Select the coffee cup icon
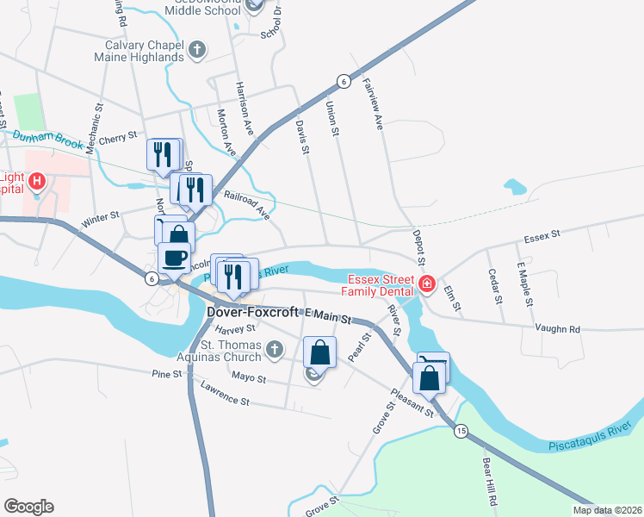(x=175, y=257)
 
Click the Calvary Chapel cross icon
(x=197, y=49)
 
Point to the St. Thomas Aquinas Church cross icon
(x=274, y=349)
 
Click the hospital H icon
(x=37, y=182)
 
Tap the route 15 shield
(x=461, y=431)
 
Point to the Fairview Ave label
(x=372, y=104)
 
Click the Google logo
(x=28, y=507)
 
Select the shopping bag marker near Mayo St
(x=319, y=352)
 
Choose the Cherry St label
(x=119, y=137)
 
